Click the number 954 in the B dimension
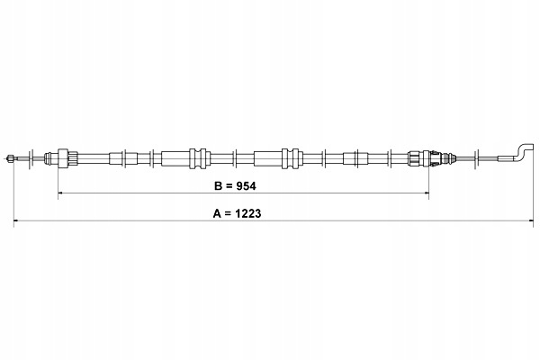click(x=246, y=186)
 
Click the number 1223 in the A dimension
click(x=247, y=213)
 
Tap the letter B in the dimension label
click(x=218, y=186)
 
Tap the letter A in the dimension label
click(x=217, y=213)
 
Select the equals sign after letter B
click(x=229, y=186)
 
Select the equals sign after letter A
click(x=228, y=214)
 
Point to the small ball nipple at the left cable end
click(x=10, y=158)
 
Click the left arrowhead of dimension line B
click(x=60, y=193)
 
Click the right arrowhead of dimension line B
click(x=427, y=193)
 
